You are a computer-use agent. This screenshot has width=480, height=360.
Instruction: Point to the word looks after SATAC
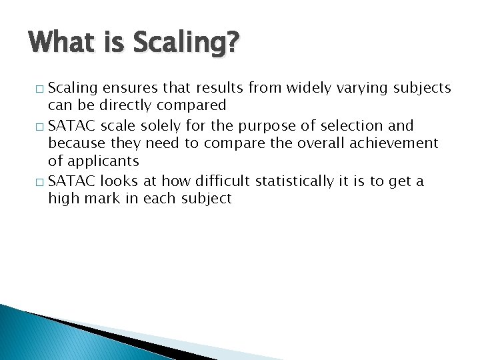click(x=119, y=181)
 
